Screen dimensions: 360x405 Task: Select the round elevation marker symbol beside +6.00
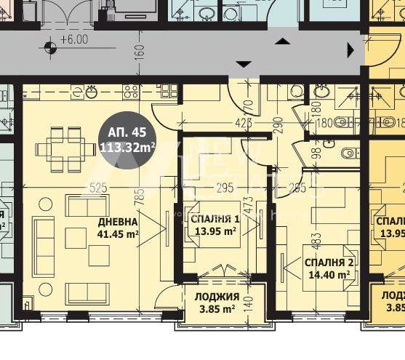50,49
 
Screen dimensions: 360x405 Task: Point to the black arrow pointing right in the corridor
351,50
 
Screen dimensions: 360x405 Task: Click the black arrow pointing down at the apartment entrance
244,65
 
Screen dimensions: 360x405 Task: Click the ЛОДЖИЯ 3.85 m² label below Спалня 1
217,303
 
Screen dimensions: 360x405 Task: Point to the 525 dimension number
98,188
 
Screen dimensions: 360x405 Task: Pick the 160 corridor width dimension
140,52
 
